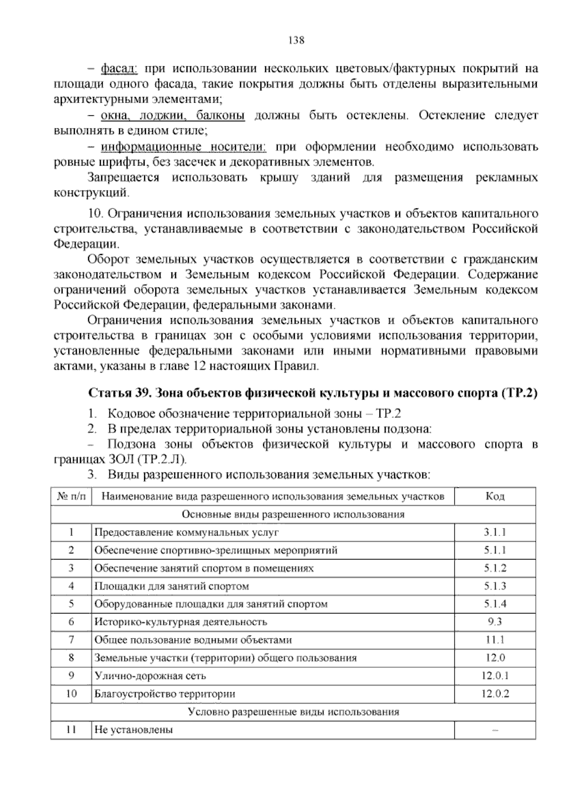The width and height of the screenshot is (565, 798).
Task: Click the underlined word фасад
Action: [118, 69]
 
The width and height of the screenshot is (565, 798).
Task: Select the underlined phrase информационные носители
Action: [184, 147]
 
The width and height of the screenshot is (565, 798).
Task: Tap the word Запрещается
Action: [123, 178]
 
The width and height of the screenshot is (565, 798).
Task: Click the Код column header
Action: [494, 496]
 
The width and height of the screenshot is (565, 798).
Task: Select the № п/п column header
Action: [72, 496]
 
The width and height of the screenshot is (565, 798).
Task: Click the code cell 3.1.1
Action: [494, 532]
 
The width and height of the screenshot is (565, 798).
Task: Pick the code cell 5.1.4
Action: [494, 604]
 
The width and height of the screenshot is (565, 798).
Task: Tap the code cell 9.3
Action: [494, 622]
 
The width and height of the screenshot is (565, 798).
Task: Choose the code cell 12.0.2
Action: [494, 694]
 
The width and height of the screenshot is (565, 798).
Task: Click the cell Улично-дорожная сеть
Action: [150, 676]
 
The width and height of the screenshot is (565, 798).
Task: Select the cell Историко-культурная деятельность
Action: [181, 622]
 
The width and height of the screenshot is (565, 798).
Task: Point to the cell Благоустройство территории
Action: [165, 694]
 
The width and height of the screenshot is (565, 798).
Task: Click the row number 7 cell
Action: [72, 639]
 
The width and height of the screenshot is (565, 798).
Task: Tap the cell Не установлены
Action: [134, 730]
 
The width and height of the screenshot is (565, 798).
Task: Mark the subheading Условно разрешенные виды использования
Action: [293, 712]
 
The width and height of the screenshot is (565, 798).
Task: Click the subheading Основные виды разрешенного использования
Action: [293, 514]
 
